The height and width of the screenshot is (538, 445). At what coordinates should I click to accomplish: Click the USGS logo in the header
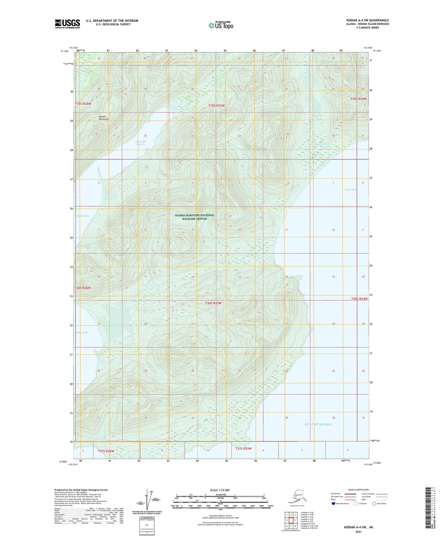click(67, 24)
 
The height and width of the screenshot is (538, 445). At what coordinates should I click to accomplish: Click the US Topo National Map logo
click(221, 25)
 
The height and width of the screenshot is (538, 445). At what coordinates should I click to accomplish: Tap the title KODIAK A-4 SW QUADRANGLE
click(367, 20)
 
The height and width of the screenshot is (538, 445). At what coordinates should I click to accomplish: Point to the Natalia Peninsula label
click(103, 118)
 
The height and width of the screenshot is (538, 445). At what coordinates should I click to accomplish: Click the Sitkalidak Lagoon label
click(140, 143)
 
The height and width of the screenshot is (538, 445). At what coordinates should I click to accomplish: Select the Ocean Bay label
click(350, 190)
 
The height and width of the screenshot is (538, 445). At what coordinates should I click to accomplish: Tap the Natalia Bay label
click(83, 216)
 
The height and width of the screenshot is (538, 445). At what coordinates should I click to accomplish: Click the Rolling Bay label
click(82, 332)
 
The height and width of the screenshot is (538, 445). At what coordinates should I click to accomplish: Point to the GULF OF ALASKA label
click(318, 424)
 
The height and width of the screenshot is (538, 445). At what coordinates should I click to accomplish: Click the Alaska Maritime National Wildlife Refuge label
click(194, 217)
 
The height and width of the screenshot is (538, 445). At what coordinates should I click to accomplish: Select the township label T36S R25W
click(213, 303)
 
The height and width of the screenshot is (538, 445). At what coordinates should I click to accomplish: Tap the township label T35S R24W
click(358, 99)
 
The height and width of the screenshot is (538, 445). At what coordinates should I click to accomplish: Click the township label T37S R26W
click(106, 451)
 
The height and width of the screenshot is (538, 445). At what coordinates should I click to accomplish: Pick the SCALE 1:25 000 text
click(220, 490)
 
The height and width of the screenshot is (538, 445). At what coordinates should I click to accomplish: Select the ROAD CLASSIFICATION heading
click(358, 490)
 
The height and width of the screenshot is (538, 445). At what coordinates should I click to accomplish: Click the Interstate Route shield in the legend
click(334, 503)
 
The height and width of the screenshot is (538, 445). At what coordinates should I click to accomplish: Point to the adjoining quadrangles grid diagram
click(291, 520)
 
